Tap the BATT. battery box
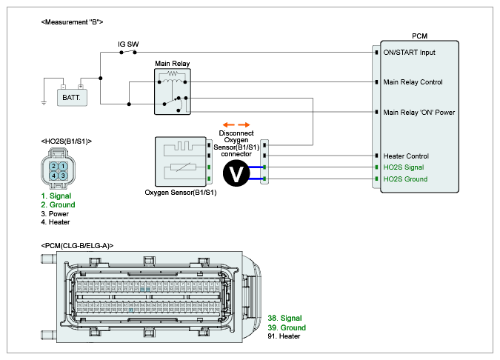72,96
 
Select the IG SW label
128,44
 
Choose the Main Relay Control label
413,81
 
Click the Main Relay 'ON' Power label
419,112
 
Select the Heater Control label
405,156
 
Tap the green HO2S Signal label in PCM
404,167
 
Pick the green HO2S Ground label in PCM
405,179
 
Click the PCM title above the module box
419,36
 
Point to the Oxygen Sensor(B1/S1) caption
181,193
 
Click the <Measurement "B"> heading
73,22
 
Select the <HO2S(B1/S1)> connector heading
67,141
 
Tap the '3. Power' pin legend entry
55,213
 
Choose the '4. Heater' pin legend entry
56,222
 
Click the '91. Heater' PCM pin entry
284,336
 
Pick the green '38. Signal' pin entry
284,319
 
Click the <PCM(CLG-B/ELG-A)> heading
78,244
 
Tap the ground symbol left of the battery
44,104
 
